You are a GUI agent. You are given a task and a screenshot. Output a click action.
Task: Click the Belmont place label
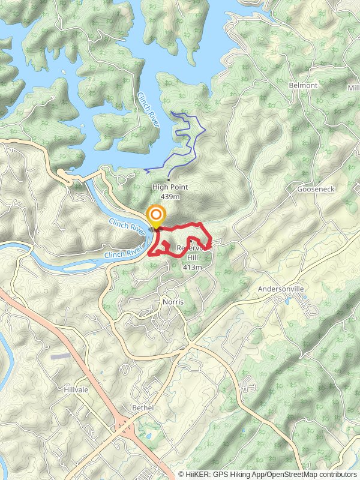pyautogui.click(x=303, y=85)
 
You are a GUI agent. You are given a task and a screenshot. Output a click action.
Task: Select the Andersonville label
pyautogui.click(x=281, y=289)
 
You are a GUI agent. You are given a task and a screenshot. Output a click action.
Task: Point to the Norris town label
pyautogui.click(x=172, y=302)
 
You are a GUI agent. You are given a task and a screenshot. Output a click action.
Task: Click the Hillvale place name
pyautogui.click(x=76, y=389)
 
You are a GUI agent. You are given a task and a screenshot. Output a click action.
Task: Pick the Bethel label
pyautogui.click(x=143, y=408)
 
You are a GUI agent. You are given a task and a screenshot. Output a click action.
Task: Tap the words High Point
pyautogui.click(x=170, y=187)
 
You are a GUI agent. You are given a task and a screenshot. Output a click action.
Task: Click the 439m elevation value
pyautogui.click(x=170, y=196)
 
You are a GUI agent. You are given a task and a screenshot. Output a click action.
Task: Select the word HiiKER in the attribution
pyautogui.click(x=199, y=474)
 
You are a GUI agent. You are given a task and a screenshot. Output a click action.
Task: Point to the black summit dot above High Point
pyautogui.click(x=169, y=179)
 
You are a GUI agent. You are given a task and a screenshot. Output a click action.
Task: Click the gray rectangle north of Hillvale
pyautogui.click(x=60, y=356)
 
